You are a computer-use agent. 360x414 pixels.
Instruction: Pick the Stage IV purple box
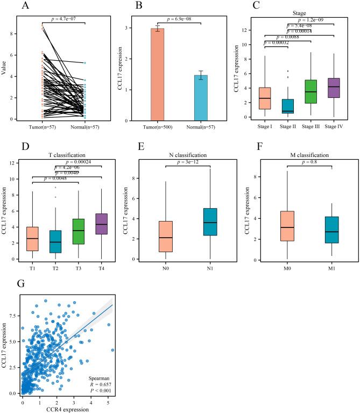pos(333,88)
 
